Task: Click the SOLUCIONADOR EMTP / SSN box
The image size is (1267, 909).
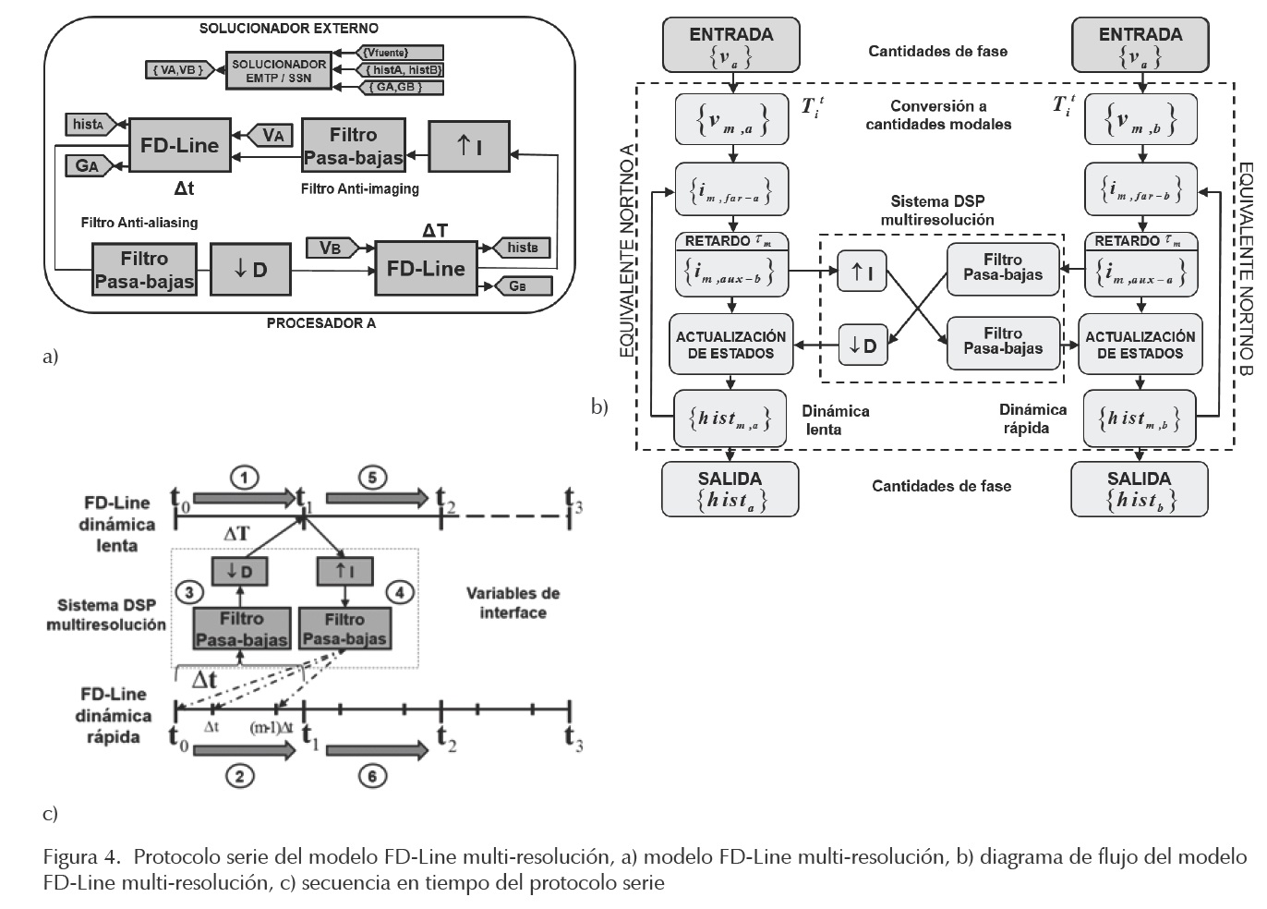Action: coord(278,71)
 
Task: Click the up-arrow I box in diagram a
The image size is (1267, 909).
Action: coord(469,146)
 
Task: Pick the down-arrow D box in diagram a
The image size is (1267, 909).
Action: coord(249,270)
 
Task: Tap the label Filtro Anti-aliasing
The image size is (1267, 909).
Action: coord(139,223)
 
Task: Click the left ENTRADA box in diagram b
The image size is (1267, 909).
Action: coord(730,46)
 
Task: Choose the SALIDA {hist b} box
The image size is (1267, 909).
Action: coord(1139,489)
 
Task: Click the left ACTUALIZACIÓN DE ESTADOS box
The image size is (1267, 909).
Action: coord(730,345)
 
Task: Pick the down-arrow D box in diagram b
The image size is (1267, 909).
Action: coord(862,345)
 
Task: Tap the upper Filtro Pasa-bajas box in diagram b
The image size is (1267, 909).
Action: coord(1003,268)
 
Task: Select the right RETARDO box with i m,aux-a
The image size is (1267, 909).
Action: coord(1140,265)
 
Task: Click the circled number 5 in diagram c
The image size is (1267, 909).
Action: coord(372,478)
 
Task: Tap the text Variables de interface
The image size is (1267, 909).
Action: coord(513,602)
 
